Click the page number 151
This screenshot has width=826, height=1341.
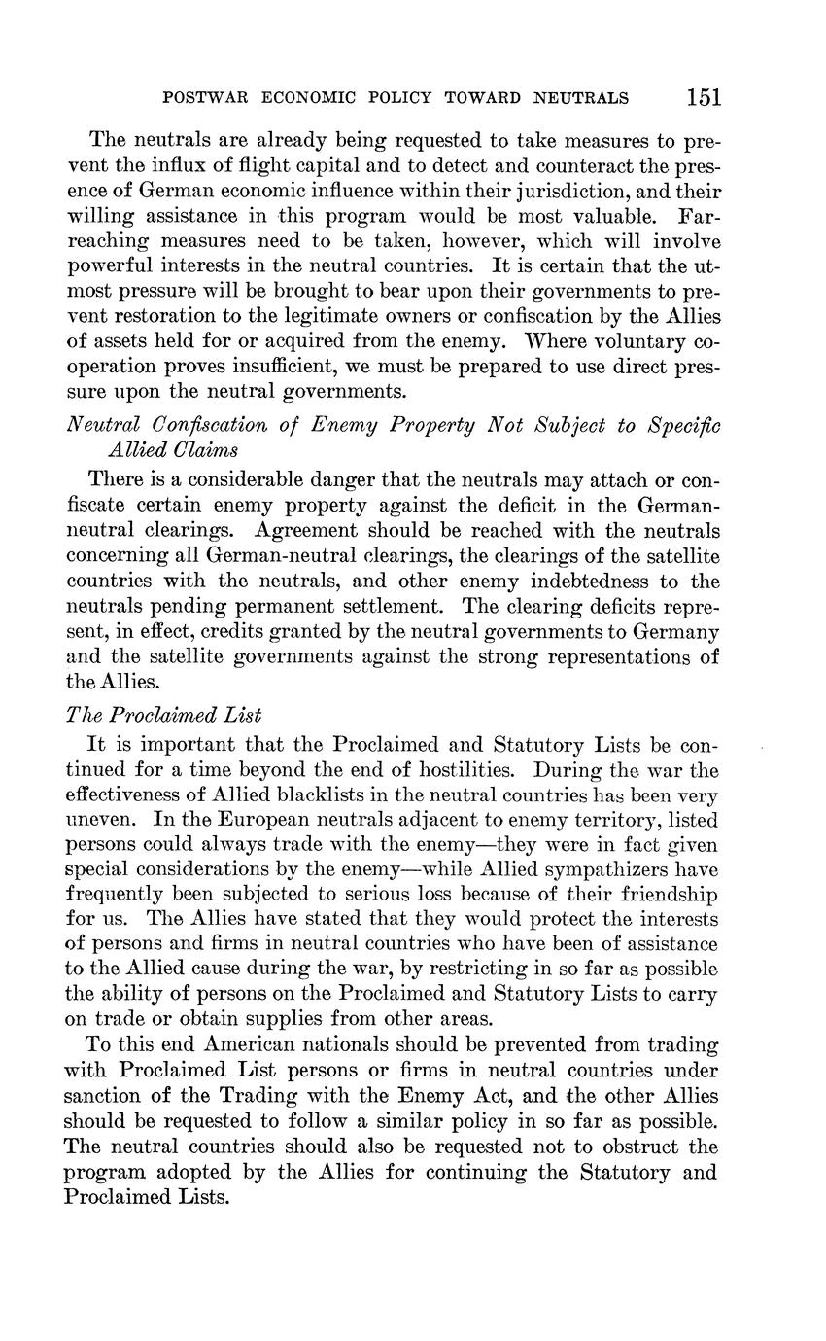704,97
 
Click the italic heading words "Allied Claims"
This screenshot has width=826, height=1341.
175,449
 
